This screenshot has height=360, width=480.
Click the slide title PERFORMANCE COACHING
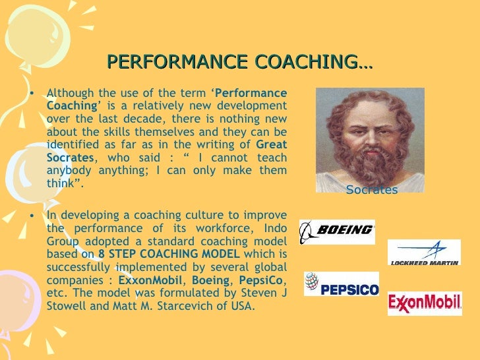pos(239,63)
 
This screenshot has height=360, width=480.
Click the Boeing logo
pos(337,231)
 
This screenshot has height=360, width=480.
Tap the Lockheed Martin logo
pos(423,253)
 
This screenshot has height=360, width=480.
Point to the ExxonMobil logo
pos(424,303)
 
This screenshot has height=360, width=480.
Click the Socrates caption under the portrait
pos(372,191)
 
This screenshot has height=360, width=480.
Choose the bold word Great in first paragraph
pos(271,145)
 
